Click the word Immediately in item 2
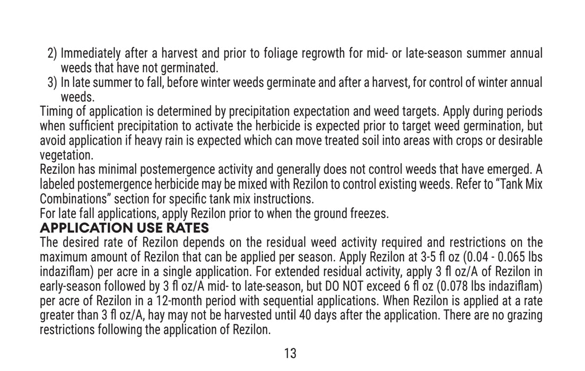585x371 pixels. point(90,54)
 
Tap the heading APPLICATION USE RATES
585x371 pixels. point(125,229)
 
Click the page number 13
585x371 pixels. point(291,354)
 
